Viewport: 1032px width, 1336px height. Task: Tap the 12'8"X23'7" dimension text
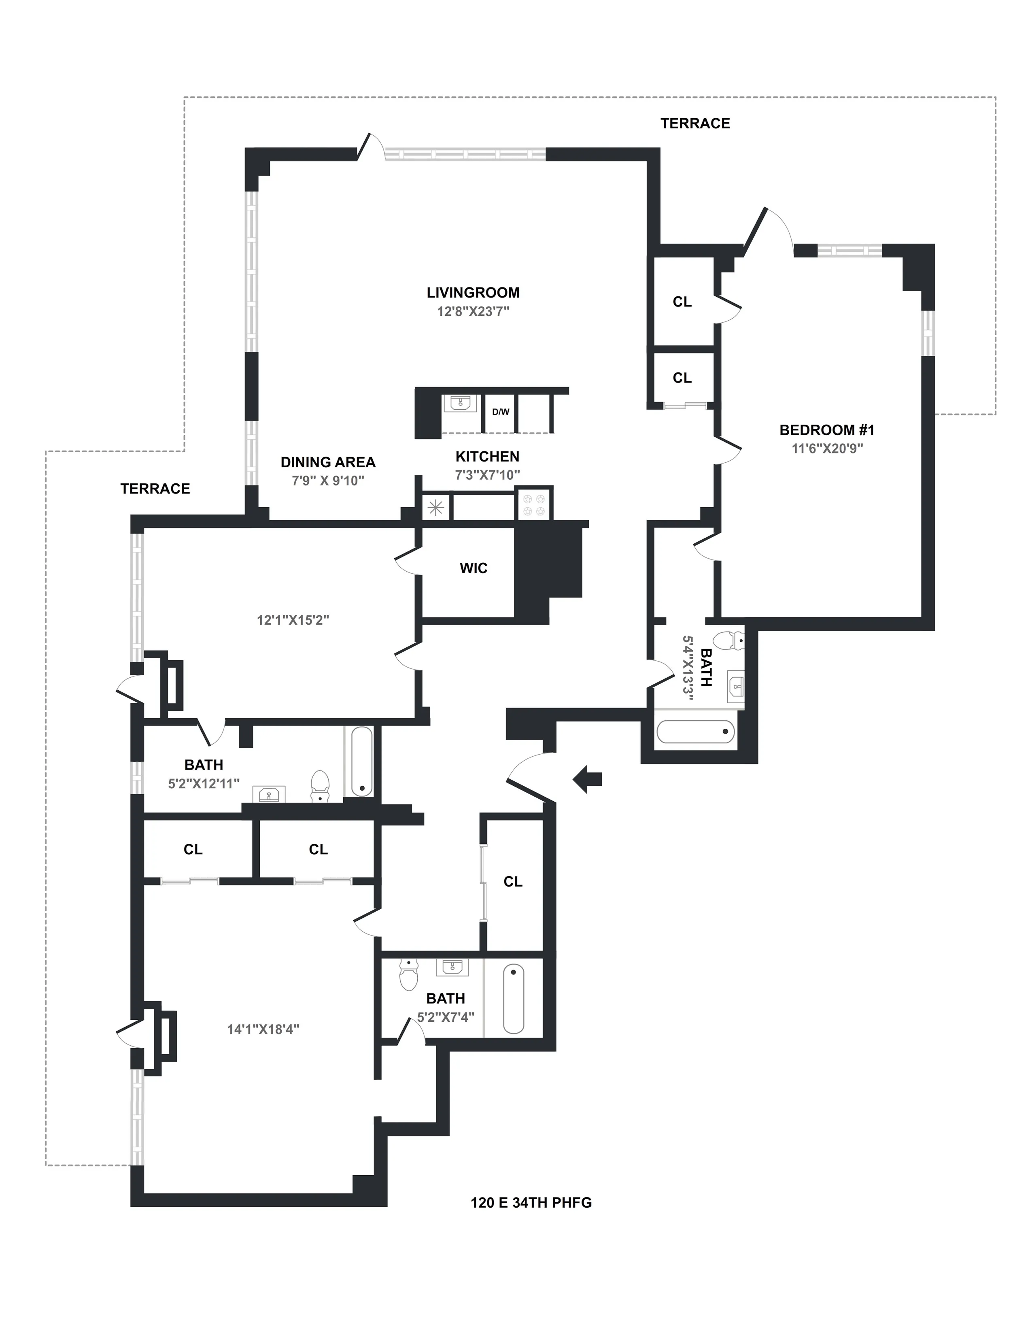[x=473, y=311]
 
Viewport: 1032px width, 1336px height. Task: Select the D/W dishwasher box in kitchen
[x=500, y=412]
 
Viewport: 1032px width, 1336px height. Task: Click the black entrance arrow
[x=588, y=779]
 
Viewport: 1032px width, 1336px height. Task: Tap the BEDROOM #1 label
[x=826, y=430]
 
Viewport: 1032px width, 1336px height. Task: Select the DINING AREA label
[x=328, y=462]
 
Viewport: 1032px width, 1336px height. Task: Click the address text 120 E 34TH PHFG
[x=531, y=1203]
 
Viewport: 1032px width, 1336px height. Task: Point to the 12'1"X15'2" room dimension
[x=293, y=620]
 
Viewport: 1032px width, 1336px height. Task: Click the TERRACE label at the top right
[x=695, y=123]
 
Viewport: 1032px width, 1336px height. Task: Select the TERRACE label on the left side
[x=155, y=489]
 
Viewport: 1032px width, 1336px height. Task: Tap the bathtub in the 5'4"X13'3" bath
[x=695, y=731]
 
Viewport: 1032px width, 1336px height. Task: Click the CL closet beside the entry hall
[x=513, y=881]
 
